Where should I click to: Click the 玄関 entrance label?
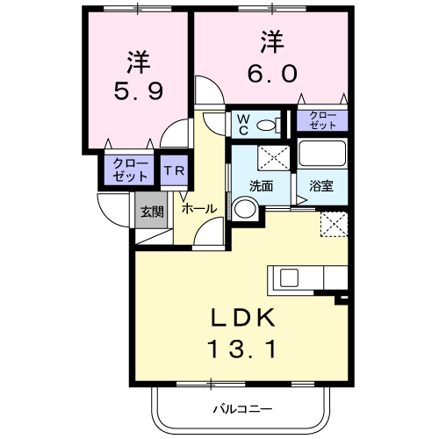(151, 211)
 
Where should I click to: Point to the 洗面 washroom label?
(261, 186)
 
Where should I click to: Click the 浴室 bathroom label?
(321, 186)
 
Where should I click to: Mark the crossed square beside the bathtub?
(274, 158)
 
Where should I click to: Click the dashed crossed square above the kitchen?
(334, 225)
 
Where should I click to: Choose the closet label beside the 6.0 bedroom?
(321, 120)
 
